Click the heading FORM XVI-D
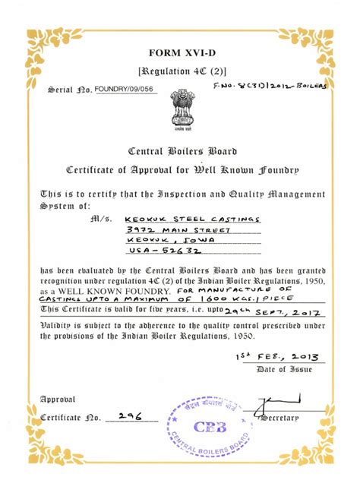point(180,52)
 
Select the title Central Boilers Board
point(180,150)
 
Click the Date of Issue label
point(280,369)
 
